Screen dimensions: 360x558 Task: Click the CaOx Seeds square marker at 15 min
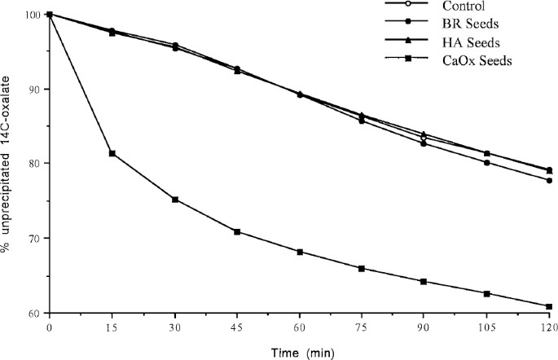(x=112, y=153)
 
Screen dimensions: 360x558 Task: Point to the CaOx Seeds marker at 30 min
(x=174, y=200)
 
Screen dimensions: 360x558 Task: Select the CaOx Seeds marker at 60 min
(x=299, y=252)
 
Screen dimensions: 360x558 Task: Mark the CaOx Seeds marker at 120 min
(x=548, y=306)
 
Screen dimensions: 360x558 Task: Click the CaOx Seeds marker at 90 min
(x=424, y=281)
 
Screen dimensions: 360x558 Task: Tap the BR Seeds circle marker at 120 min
(x=548, y=180)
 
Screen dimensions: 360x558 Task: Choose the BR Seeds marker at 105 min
(x=486, y=162)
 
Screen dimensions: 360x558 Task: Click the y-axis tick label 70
(x=33, y=238)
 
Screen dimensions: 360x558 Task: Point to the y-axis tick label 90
(x=33, y=89)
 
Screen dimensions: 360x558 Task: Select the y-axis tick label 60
(x=33, y=313)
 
